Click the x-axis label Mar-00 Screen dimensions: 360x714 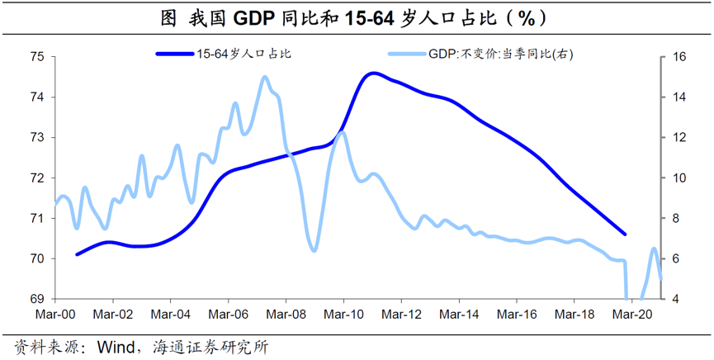[55, 315]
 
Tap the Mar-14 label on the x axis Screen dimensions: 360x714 [459, 315]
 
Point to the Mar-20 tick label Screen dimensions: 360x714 [631, 315]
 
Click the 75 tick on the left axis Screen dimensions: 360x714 [37, 57]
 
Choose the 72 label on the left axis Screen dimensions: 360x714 [37, 178]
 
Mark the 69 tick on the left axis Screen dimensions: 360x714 [37, 299]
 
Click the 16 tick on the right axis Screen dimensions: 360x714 [679, 57]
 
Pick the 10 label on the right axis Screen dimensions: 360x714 [679, 178]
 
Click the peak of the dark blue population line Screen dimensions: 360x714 [373, 73]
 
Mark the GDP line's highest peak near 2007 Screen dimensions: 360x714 [265, 78]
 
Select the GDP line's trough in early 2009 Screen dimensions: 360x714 [314, 249]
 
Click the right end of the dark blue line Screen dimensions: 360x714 [625, 234]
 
